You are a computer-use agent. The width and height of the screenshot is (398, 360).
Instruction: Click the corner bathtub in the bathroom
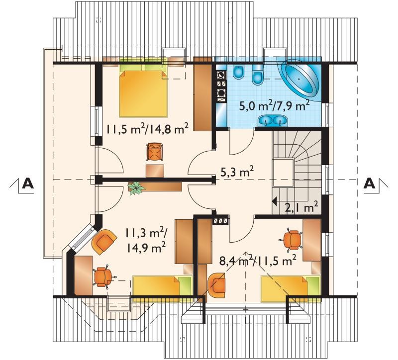click(x=299, y=79)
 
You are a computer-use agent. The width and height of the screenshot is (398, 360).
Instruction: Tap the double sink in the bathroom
click(x=273, y=120)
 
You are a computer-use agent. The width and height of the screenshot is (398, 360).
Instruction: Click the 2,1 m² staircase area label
click(x=301, y=207)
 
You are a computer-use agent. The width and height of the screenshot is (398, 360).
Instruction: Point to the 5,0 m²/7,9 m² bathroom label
click(x=275, y=106)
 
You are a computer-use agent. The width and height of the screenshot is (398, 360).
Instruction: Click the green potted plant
click(x=136, y=188)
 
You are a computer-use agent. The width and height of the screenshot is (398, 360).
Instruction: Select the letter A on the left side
click(x=28, y=183)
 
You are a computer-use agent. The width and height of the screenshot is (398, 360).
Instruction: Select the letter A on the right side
click(x=369, y=183)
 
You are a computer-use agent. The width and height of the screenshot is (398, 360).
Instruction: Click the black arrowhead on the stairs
click(x=274, y=201)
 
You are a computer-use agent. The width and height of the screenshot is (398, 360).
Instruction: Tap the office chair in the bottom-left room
click(x=103, y=277)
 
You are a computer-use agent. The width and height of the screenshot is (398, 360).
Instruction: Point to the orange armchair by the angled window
click(x=104, y=241)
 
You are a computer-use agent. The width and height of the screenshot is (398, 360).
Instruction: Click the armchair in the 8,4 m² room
click(x=216, y=285)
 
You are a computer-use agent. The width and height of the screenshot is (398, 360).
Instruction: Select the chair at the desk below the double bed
click(x=154, y=152)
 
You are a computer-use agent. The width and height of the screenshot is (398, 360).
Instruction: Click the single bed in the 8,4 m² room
click(x=291, y=287)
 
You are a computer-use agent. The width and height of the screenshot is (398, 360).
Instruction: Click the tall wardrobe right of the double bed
click(x=202, y=94)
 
